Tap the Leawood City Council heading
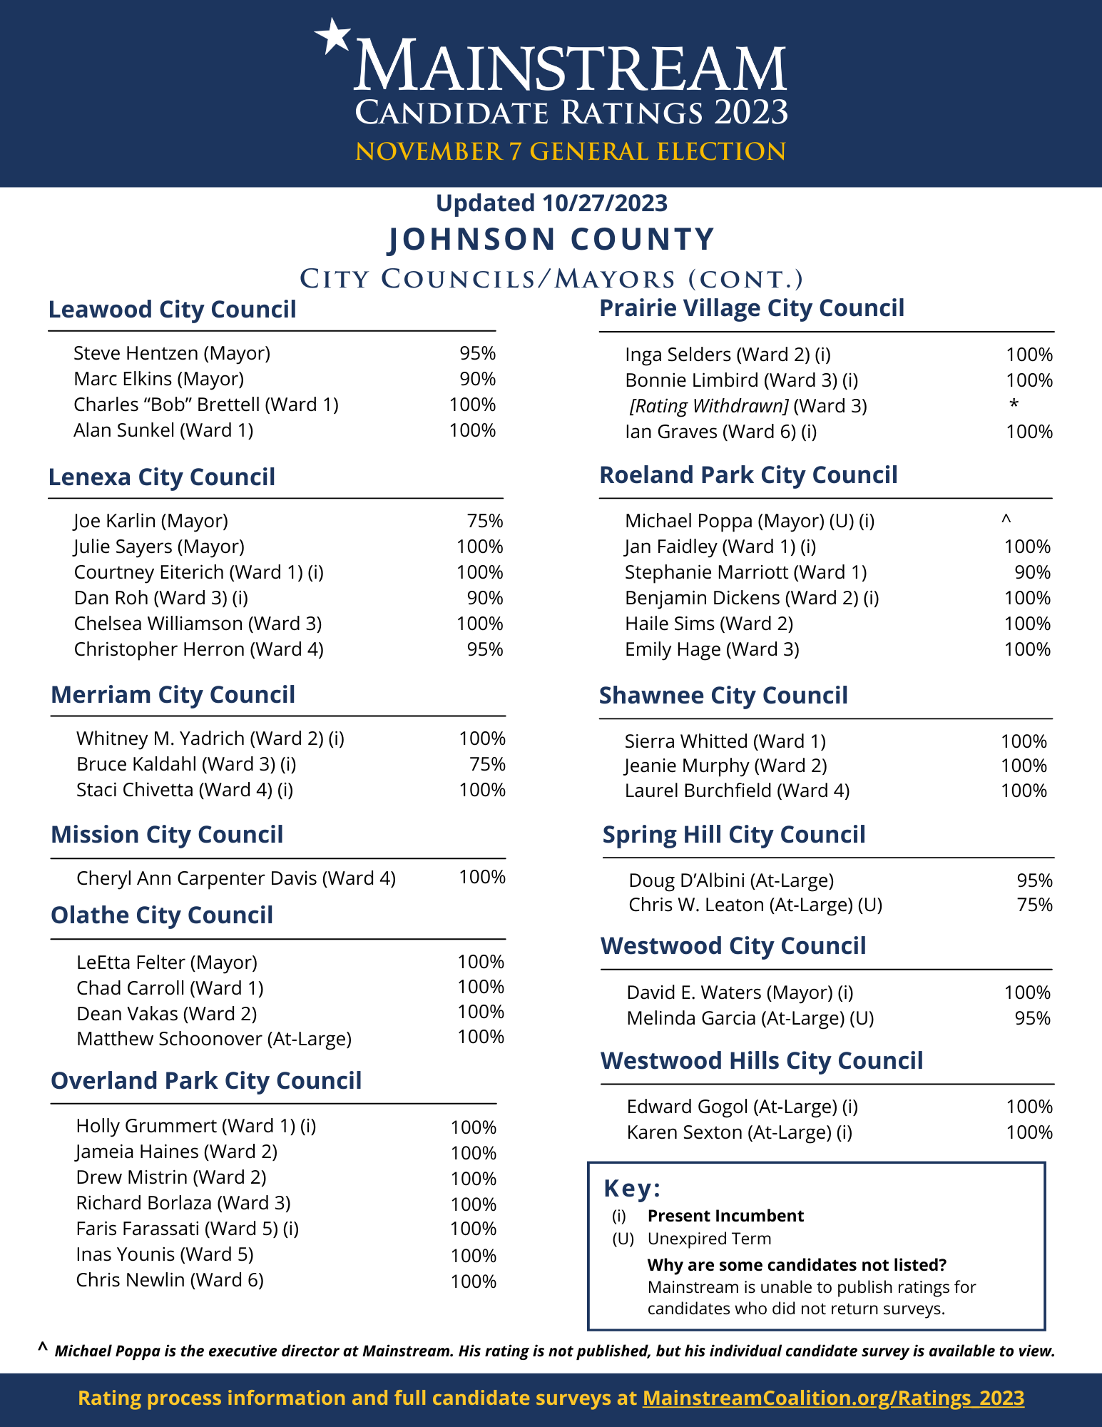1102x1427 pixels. point(172,310)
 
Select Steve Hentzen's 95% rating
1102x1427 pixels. point(477,353)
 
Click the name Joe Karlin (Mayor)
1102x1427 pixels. point(150,521)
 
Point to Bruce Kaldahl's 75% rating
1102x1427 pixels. point(487,764)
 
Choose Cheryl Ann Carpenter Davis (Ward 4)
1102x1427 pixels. point(235,878)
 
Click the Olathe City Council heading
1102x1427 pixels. point(162,915)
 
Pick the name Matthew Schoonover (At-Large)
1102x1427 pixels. point(214,1039)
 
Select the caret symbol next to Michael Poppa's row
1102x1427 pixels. point(1006,520)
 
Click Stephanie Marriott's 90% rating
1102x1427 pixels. point(1032,572)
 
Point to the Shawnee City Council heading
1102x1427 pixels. point(723,696)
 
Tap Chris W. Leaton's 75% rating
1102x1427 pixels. point(1034,905)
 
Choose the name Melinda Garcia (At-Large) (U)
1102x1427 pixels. point(750,1018)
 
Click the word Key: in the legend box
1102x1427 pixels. point(632,1189)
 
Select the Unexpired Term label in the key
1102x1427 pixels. point(709,1239)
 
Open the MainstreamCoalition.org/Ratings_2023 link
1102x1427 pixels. point(833,1398)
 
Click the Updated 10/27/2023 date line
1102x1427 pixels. point(551,203)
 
